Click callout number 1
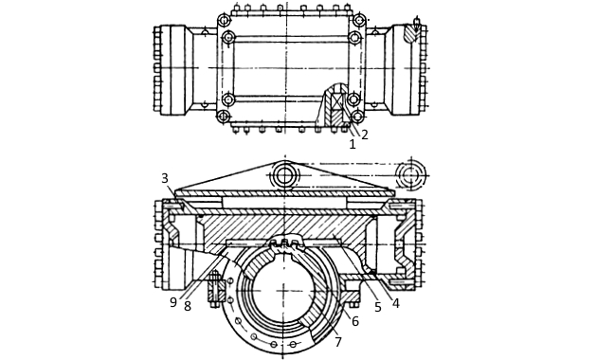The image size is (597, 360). click(x=353, y=144)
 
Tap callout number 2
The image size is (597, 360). click(x=365, y=135)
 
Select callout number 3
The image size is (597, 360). click(x=165, y=178)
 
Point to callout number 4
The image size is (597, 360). click(x=395, y=303)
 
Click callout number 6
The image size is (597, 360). click(x=354, y=321)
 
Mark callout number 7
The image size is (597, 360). click(x=338, y=342)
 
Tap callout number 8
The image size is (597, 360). click(x=188, y=306)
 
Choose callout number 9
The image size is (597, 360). click(x=173, y=302)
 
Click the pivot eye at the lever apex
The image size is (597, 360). click(x=284, y=176)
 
